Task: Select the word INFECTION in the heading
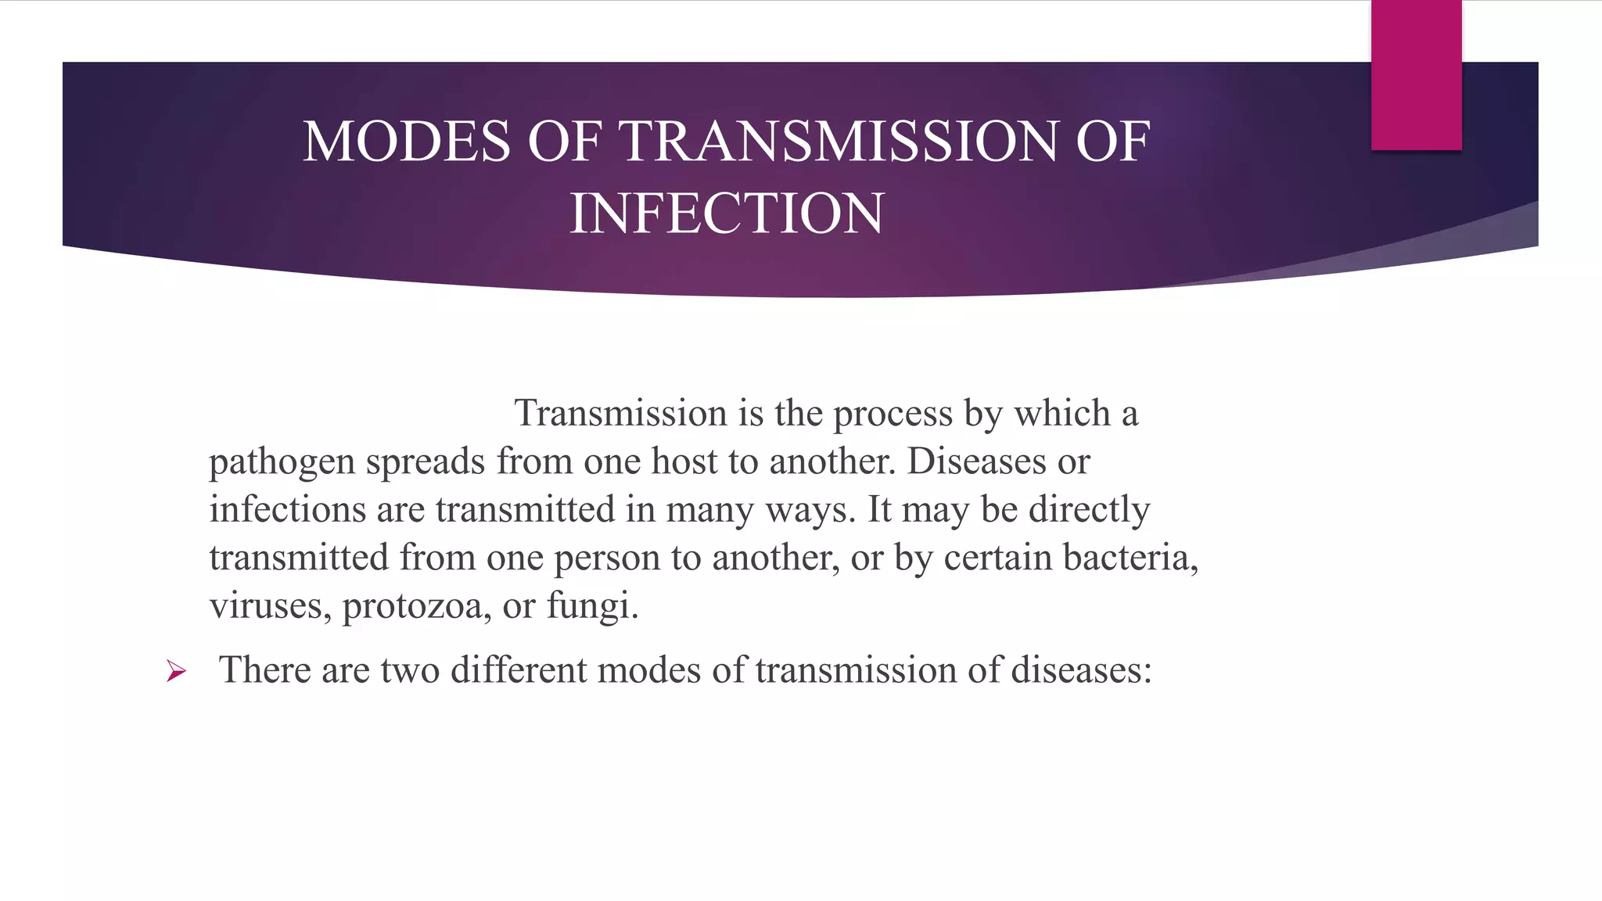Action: pos(727,214)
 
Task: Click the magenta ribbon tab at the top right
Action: pos(1416,74)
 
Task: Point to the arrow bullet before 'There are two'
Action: pos(176,671)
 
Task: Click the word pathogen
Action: pos(282,462)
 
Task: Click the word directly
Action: pos(1089,510)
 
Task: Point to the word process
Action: pos(893,414)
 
